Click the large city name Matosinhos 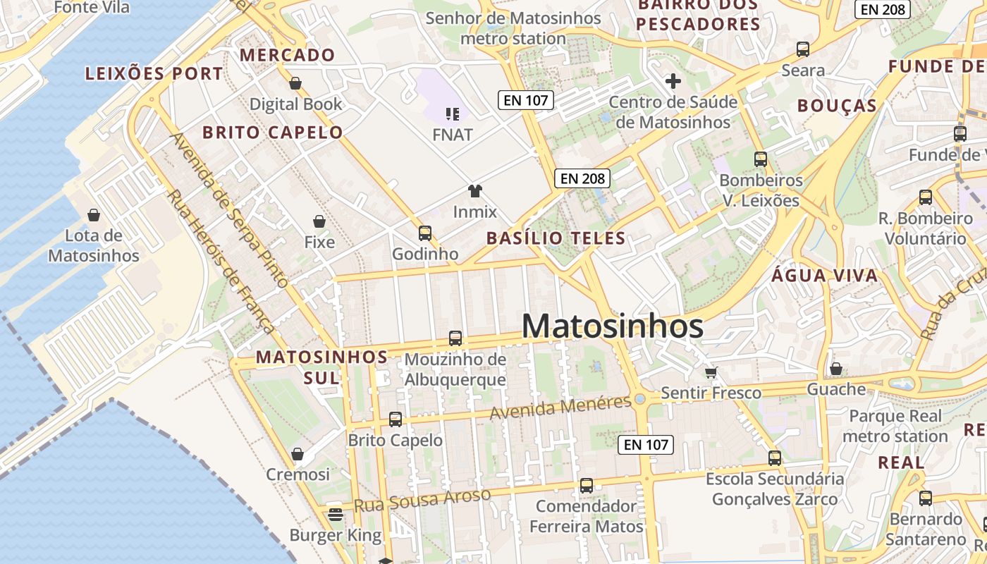[612, 326]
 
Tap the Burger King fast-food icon [336, 514]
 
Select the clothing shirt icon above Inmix [475, 191]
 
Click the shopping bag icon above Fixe [319, 221]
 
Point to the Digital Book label [295, 104]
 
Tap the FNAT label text [453, 134]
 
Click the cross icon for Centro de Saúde [673, 81]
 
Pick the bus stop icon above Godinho [424, 233]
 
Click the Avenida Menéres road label [560, 407]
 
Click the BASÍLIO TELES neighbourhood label [556, 238]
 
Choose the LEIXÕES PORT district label [154, 73]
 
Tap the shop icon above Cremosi [298, 454]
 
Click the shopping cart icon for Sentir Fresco [711, 372]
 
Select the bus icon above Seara [803, 49]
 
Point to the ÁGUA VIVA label [825, 276]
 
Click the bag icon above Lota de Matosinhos [93, 215]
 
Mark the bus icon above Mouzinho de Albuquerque [455, 338]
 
